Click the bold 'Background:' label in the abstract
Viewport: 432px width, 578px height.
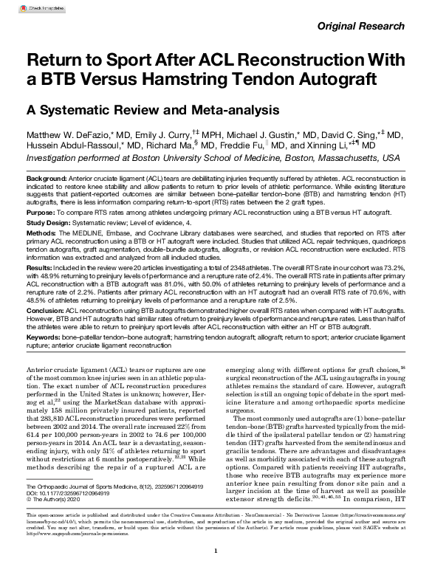(x=46, y=180)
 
